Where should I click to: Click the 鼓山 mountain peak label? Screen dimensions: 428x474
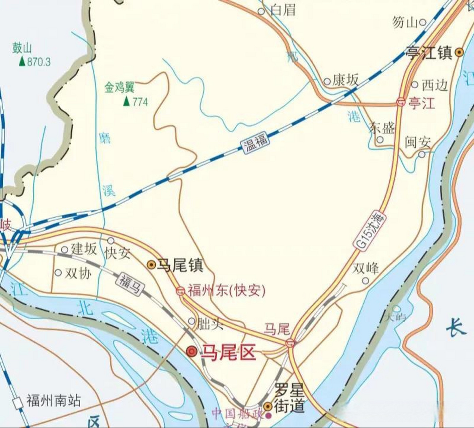point(22,48)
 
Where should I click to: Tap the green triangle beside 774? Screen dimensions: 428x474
point(126,101)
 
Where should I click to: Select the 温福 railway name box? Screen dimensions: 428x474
point(255,142)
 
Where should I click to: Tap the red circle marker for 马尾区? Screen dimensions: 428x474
point(192,352)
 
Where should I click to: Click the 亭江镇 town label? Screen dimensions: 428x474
point(429,53)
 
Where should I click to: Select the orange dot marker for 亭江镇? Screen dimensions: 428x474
point(459,52)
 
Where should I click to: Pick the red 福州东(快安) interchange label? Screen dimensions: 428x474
point(226,291)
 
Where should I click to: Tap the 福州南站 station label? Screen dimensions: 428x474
point(54,400)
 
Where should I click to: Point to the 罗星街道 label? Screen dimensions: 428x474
point(289,398)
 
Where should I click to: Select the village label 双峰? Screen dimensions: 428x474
point(366,269)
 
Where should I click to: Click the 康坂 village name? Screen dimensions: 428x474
point(345,80)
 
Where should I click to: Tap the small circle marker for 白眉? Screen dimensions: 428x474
point(261,11)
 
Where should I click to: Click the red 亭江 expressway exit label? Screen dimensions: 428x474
point(421,103)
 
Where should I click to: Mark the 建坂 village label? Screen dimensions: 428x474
point(84,249)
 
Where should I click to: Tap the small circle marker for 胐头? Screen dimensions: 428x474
point(192,321)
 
